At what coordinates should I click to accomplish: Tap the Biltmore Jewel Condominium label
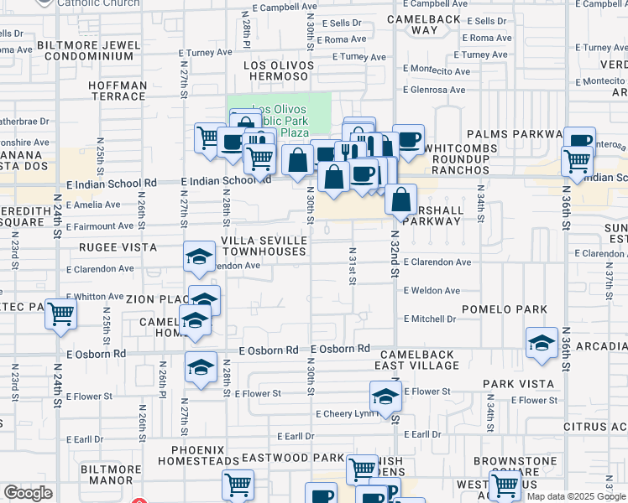88,50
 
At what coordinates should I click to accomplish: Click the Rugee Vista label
118,247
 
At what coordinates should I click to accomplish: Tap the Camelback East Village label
417,360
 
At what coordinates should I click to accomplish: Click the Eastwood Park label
293,459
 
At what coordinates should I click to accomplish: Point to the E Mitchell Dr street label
430,319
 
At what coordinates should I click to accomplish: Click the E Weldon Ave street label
432,291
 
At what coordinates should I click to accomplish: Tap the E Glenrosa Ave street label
433,90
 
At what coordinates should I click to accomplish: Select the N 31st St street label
353,265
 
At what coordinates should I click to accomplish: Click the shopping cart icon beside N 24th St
61,314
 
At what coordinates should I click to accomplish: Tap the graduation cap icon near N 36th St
542,342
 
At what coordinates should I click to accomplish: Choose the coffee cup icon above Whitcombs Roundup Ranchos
408,138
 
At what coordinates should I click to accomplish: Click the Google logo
27,493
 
